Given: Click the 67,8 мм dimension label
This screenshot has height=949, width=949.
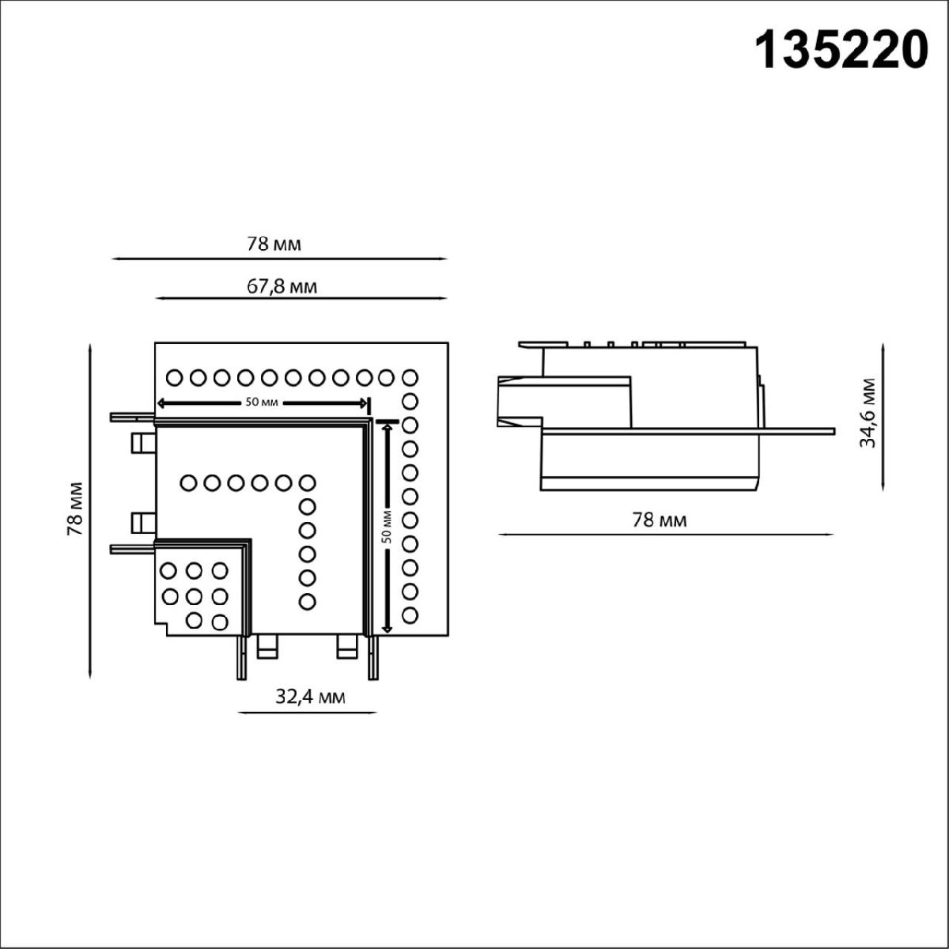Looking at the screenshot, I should pyautogui.click(x=282, y=286).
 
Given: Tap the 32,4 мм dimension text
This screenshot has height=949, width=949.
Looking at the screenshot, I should pyautogui.click(x=310, y=696).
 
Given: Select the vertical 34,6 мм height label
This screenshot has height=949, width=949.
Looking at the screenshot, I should pyautogui.click(x=868, y=413).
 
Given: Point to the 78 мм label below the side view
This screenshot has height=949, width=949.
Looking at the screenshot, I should pyautogui.click(x=660, y=520).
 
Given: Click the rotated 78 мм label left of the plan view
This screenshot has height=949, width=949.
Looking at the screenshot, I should pyautogui.click(x=75, y=509).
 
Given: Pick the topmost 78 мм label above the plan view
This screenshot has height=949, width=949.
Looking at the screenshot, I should pyautogui.click(x=274, y=244).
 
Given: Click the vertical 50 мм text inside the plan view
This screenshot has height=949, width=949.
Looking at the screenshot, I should pyautogui.click(x=387, y=524).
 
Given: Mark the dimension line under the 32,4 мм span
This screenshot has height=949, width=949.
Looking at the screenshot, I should pyautogui.click(x=307, y=713).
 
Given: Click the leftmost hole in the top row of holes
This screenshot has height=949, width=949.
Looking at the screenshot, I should pyautogui.click(x=175, y=377).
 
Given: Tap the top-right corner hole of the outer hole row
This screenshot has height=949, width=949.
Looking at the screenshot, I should pyautogui.click(x=410, y=377).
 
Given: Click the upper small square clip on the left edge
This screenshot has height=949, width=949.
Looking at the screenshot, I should pyautogui.click(x=142, y=441).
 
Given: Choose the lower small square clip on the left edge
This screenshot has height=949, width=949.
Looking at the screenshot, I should pyautogui.click(x=142, y=522).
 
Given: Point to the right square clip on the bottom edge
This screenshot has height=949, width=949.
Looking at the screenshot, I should pyautogui.click(x=347, y=646).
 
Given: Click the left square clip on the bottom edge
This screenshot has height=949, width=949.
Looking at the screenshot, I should pyautogui.click(x=268, y=646).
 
